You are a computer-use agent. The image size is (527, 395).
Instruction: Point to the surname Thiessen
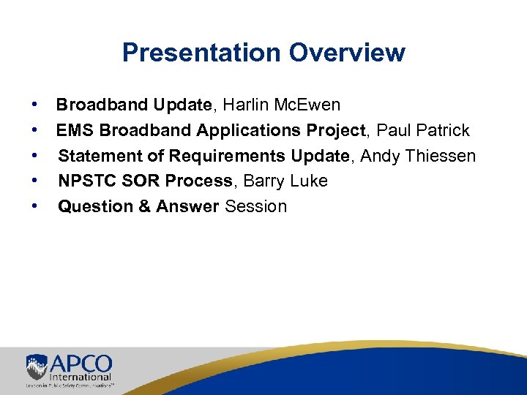point(441,156)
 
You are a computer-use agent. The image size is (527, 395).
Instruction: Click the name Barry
point(264,181)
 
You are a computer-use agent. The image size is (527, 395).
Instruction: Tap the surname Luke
point(309,181)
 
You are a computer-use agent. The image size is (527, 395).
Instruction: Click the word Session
point(256,206)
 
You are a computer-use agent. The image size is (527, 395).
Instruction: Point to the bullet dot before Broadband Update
point(34,105)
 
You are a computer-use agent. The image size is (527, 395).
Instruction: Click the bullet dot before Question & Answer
point(34,206)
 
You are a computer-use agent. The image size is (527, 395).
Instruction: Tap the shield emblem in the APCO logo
point(37,366)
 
